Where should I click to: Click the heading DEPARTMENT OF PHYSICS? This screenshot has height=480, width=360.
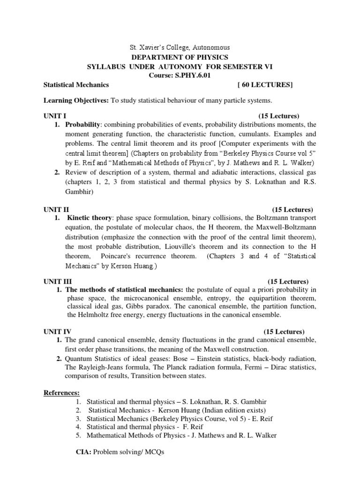(x=180, y=57)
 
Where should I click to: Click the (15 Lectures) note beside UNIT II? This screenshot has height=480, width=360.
(x=292, y=210)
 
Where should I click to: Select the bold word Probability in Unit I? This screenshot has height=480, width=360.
(x=82, y=125)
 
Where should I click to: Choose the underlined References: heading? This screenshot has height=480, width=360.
(x=61, y=392)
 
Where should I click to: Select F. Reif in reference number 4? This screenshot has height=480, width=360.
(x=193, y=427)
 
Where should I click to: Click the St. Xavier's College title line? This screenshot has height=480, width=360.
(x=180, y=48)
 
